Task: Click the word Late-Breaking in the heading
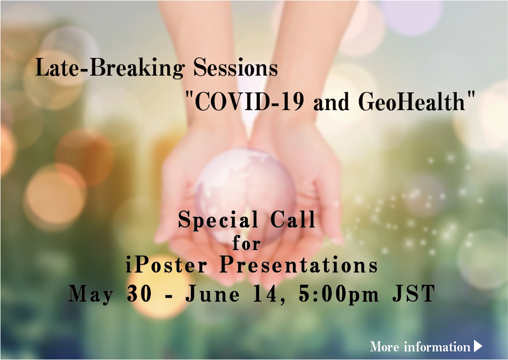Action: click(110, 67)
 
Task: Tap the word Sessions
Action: click(236, 67)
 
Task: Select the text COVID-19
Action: click(249, 101)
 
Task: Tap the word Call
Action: click(293, 219)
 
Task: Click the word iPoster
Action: click(166, 265)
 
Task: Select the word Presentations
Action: click(299, 265)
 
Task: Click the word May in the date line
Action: click(91, 294)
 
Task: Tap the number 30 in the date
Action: click(139, 293)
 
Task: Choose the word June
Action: click(213, 293)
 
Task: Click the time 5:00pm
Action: click(339, 294)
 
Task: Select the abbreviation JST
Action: click(413, 293)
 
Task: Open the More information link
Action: click(420, 347)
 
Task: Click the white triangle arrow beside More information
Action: click(478, 346)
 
